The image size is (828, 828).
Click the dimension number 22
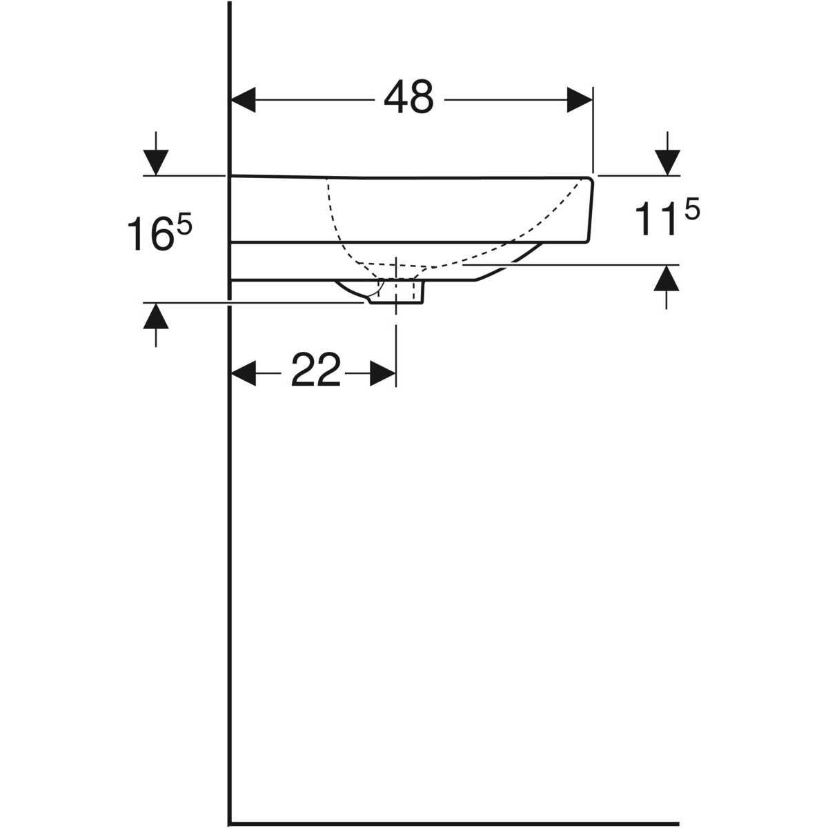pyautogui.click(x=316, y=370)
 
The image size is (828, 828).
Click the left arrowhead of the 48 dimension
pyautogui.click(x=243, y=99)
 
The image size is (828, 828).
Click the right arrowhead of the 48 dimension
pyautogui.click(x=580, y=99)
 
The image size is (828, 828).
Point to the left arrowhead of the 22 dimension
pyautogui.click(x=243, y=373)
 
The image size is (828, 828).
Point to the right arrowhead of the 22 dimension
pyautogui.click(x=383, y=373)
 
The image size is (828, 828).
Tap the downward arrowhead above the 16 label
pyautogui.click(x=156, y=162)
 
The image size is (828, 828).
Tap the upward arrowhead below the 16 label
pyautogui.click(x=156, y=316)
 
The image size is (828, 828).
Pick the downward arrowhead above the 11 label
pyautogui.click(x=667, y=162)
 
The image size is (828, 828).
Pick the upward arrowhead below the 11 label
pyautogui.click(x=667, y=278)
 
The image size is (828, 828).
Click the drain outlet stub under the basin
pyautogui.click(x=397, y=292)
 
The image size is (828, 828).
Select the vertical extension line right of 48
pyautogui.click(x=593, y=129)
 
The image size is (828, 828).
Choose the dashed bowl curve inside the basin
pyautogui.click(x=430, y=265)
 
